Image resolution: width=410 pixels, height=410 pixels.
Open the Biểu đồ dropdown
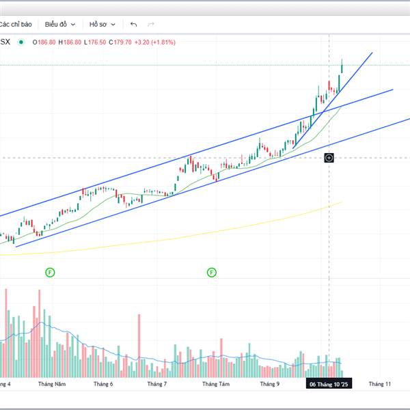pyautogui.click(x=60, y=24)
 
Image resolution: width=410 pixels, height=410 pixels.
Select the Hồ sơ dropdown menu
pyautogui.click(x=102, y=24)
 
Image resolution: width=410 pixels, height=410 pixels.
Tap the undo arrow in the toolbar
pyautogui.click(x=133, y=24)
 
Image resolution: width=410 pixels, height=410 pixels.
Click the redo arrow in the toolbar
pyautogui.click(x=150, y=24)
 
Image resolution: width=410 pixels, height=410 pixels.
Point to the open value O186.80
pyautogui.click(x=42, y=42)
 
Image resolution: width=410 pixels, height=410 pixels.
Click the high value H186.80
pyautogui.click(x=70, y=42)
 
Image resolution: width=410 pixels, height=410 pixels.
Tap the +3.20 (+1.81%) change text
pyautogui.click(x=156, y=42)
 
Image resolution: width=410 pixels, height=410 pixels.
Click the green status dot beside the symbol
pyautogui.click(x=20, y=42)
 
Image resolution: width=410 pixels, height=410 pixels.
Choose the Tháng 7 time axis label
pyautogui.click(x=157, y=385)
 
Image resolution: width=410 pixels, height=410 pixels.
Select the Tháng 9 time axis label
pyautogui.click(x=270, y=385)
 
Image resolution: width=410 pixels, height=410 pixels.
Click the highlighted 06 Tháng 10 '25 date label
pyautogui.click(x=329, y=385)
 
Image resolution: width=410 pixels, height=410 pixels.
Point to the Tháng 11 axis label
pyautogui.click(x=379, y=385)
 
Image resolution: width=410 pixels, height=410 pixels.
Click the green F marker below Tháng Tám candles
pyautogui.click(x=212, y=273)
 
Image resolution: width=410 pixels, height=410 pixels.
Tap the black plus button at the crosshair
pyautogui.click(x=329, y=158)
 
